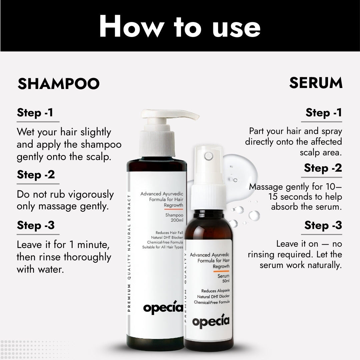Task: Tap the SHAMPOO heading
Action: (x=59, y=84)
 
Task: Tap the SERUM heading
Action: (x=315, y=83)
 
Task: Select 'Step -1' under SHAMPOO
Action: (x=35, y=113)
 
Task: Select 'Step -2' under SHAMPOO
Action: (x=36, y=175)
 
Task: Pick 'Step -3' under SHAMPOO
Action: (x=36, y=225)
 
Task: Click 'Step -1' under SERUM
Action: (x=323, y=113)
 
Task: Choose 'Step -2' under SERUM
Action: (x=323, y=168)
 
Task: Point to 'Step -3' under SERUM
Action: (x=323, y=225)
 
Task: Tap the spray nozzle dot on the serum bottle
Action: (x=209, y=156)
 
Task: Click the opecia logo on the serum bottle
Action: (x=211, y=321)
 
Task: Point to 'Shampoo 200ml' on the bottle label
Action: (x=174, y=218)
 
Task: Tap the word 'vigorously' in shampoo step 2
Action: (x=88, y=195)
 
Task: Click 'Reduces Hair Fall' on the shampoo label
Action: (x=169, y=233)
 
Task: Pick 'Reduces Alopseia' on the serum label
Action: (x=215, y=290)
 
